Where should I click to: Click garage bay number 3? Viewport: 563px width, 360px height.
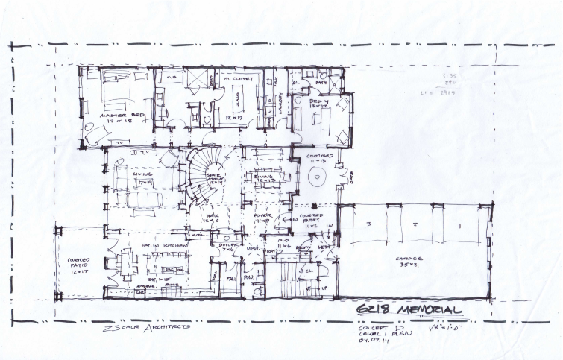pos(368,224)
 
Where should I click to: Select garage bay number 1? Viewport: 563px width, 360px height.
pos(460,224)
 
